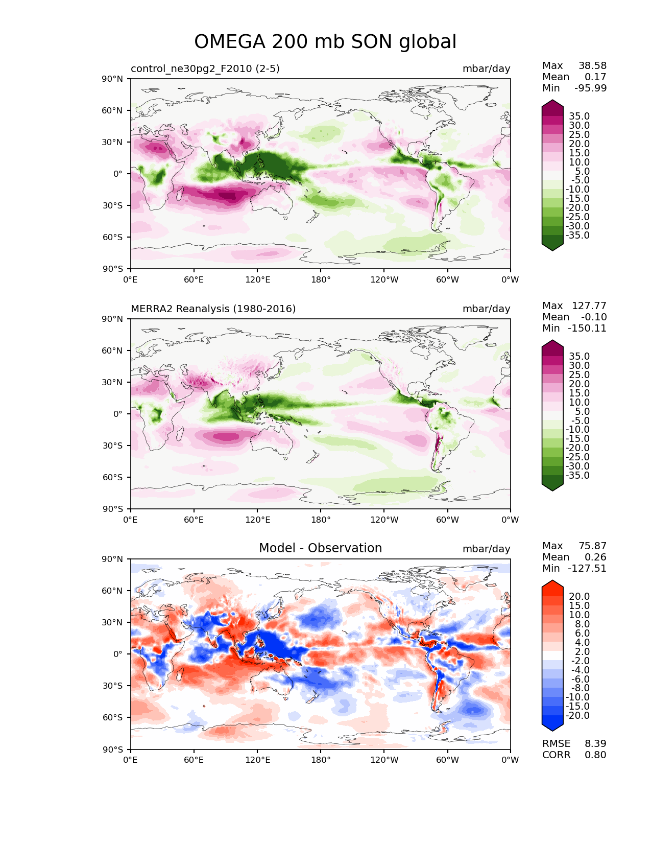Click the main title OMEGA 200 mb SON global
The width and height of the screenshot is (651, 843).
coord(325,41)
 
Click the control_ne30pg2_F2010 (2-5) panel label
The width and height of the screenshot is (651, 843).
coord(205,68)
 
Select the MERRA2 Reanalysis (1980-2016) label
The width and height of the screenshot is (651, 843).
coord(213,309)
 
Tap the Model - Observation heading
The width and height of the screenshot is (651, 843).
coord(320,548)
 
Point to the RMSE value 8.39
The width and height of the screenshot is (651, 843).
coord(595,743)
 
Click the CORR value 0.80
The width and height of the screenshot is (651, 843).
coord(595,755)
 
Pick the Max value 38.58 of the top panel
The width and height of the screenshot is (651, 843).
coord(592,65)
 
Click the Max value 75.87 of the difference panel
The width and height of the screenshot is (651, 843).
coord(592,546)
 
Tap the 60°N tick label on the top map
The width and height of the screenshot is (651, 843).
coord(112,110)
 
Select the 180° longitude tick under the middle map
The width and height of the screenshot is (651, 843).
coord(321,520)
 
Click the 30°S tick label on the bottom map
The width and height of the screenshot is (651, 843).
coord(112,686)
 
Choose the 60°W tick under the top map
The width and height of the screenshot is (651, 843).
coord(447,279)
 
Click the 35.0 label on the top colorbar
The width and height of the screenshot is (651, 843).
coord(580,116)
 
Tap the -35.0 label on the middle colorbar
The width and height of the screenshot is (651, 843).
coord(577,476)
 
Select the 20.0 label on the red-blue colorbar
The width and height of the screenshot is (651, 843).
coord(580,597)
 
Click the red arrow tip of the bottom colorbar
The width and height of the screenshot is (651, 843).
coord(552,580)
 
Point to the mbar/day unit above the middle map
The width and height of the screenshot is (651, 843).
coord(486,309)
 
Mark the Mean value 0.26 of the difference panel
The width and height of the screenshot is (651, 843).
coord(595,557)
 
